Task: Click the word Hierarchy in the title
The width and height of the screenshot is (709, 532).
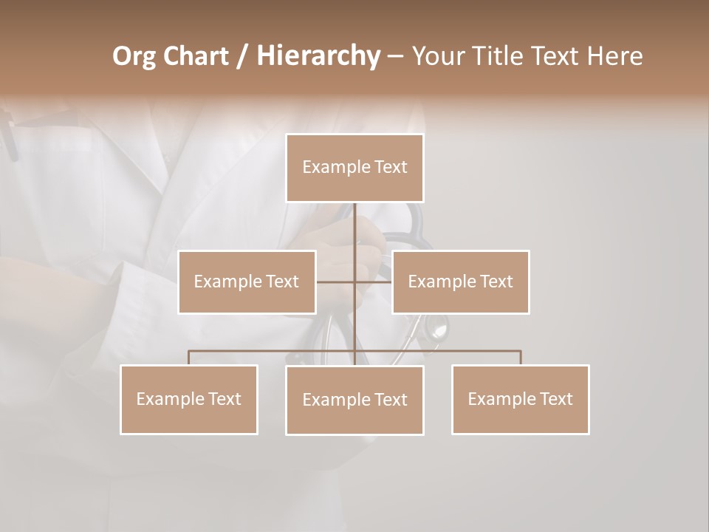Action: click(318, 56)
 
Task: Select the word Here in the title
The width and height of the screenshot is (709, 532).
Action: click(614, 56)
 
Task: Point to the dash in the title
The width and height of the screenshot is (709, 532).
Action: click(395, 56)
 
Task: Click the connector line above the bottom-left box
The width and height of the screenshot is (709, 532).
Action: click(189, 358)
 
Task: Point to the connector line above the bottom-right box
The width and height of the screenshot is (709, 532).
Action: click(521, 358)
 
